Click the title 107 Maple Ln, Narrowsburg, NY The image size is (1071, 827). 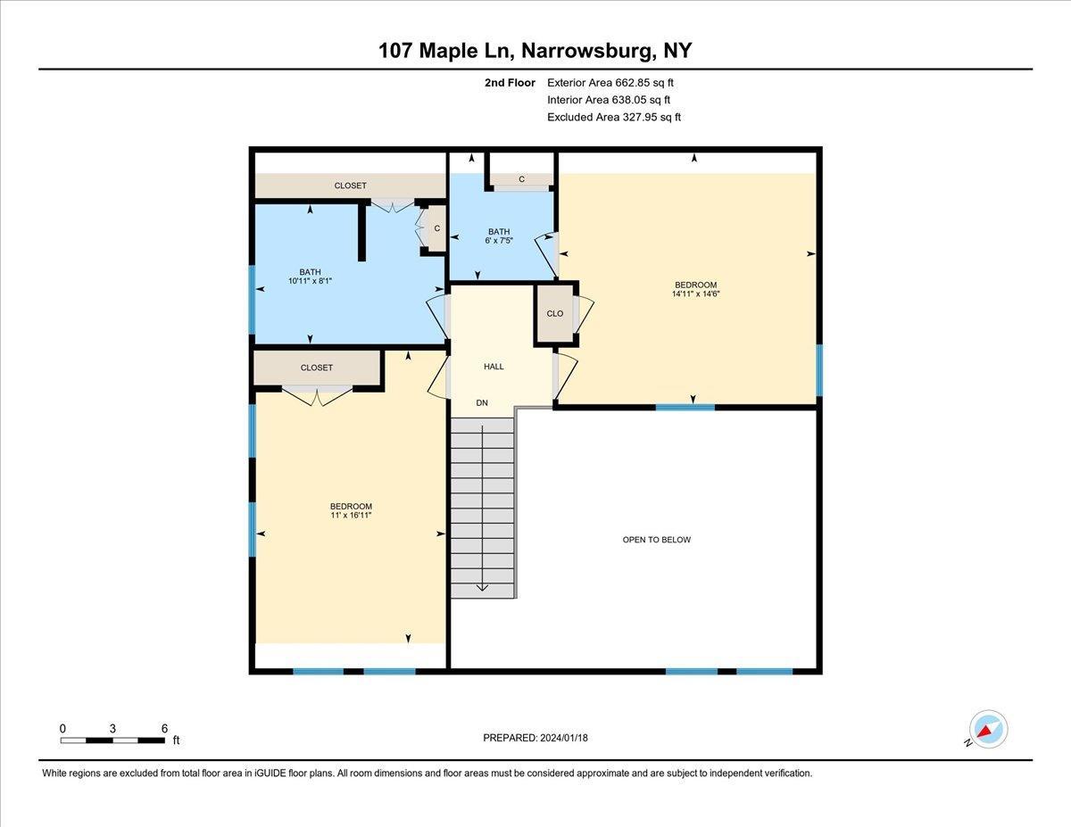click(x=535, y=51)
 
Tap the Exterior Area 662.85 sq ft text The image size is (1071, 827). click(x=610, y=83)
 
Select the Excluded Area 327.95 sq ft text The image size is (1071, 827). click(x=613, y=117)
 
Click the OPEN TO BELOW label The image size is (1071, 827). click(x=657, y=540)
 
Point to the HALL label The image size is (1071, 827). click(x=494, y=367)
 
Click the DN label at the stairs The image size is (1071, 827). click(x=482, y=403)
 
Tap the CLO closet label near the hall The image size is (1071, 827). click(x=555, y=314)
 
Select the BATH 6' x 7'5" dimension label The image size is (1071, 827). click(x=499, y=236)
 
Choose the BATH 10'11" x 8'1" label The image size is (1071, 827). click(x=310, y=277)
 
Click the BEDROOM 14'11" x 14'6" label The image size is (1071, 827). click(x=696, y=289)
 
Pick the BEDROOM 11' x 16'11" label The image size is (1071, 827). click(x=351, y=510)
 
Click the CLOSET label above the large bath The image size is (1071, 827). click(x=350, y=186)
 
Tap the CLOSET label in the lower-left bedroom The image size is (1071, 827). click(x=317, y=368)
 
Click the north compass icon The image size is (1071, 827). click(x=987, y=730)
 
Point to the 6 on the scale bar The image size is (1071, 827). click(x=164, y=729)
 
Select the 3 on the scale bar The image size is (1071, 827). click(x=112, y=729)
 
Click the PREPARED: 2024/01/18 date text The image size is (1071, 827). click(x=536, y=738)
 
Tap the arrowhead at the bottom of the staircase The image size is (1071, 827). click(x=482, y=587)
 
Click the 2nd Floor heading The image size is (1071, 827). click(x=510, y=83)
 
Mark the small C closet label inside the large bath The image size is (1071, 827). click(x=436, y=228)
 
